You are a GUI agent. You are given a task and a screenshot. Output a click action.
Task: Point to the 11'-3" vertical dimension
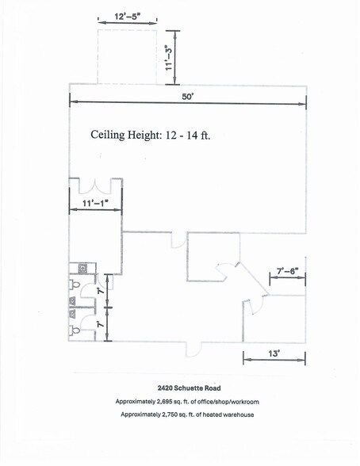pos(167,57)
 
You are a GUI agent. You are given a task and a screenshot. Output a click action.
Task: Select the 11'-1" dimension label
pos(95,204)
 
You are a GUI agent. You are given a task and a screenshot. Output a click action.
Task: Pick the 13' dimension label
pos(273,354)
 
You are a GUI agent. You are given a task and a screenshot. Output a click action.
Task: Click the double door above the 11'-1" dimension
pos(95,187)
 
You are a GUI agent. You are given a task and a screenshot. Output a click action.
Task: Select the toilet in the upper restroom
pos(75,283)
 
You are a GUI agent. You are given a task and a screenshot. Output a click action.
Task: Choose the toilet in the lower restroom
pos(75,329)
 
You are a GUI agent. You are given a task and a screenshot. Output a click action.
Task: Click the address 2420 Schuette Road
pos(187,388)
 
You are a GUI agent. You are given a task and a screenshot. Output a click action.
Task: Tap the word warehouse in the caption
pos(236,414)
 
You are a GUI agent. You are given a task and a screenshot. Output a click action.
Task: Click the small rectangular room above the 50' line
pos(126,55)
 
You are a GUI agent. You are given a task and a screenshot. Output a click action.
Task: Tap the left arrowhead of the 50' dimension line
pos(73,100)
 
